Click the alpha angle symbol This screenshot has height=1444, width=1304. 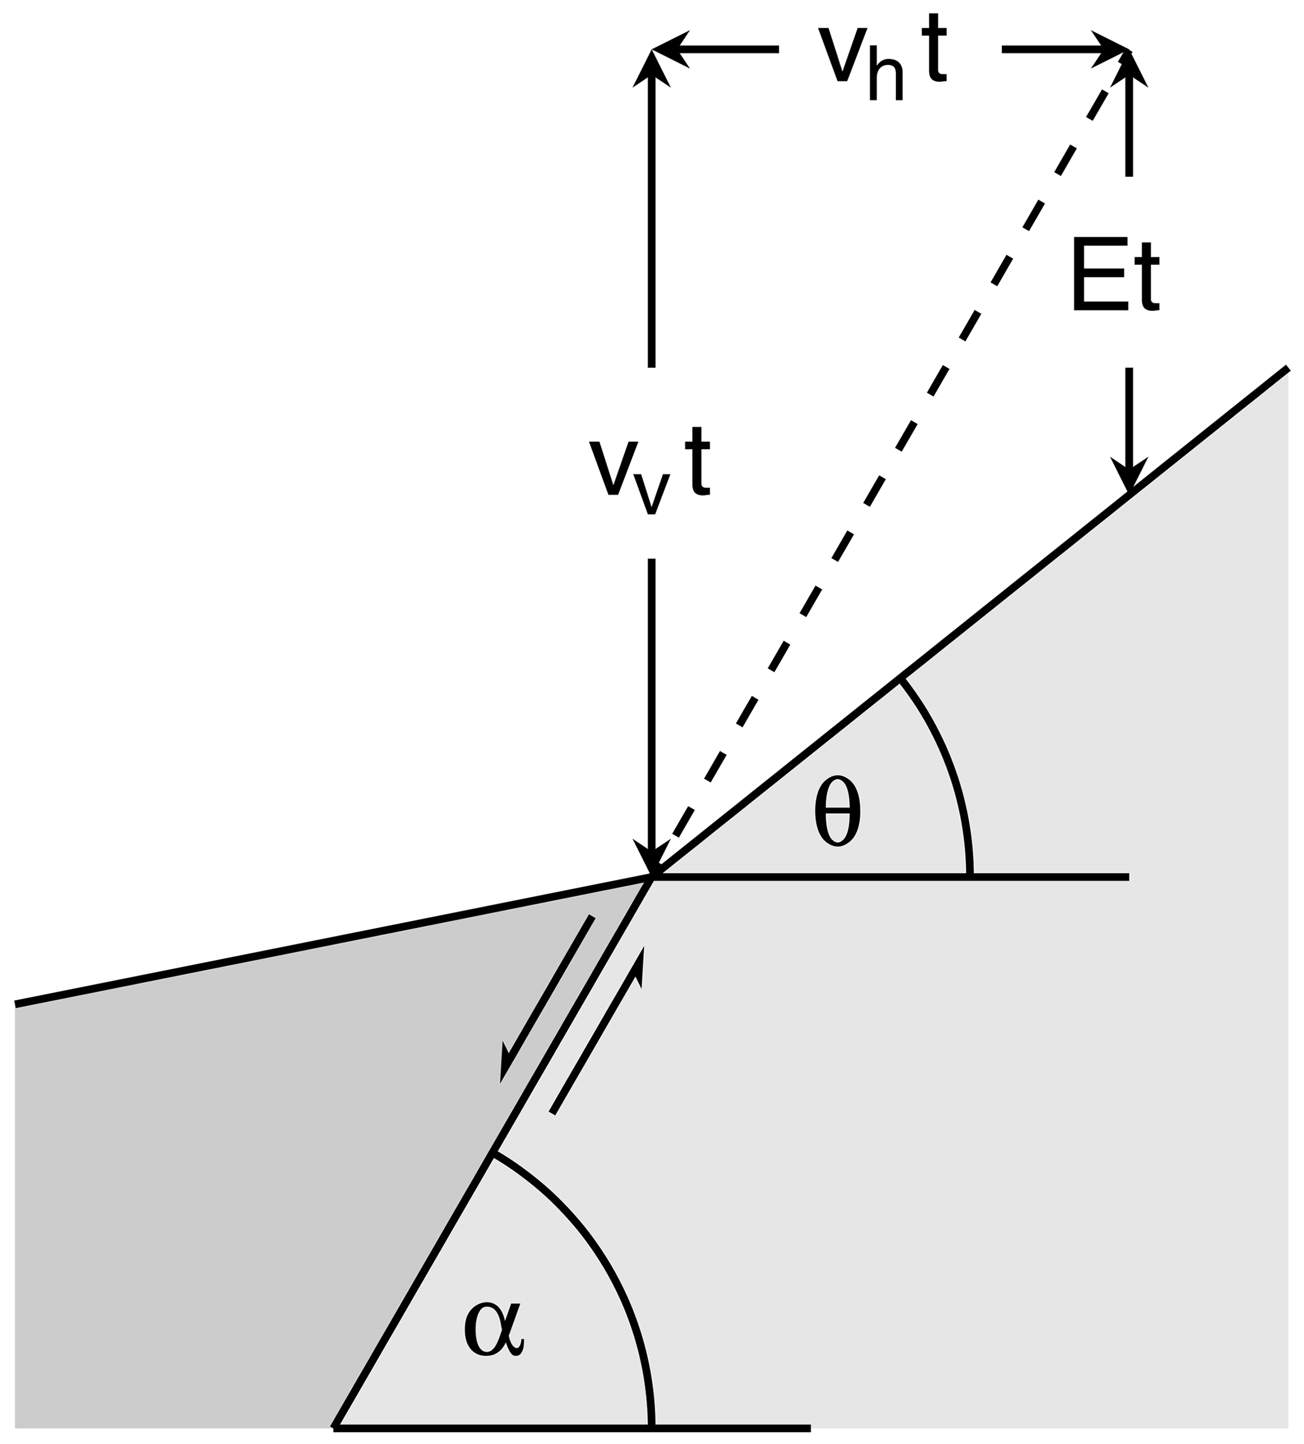pos(494,1329)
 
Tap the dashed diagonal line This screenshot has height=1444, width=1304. pos(896,448)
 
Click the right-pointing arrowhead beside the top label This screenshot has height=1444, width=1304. pos(1110,49)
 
